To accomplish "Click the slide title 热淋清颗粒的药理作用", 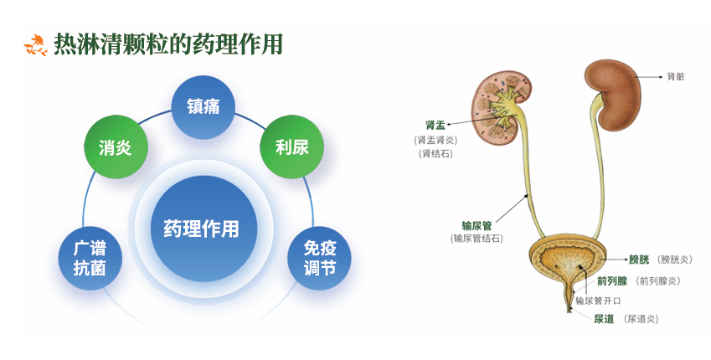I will [x=167, y=44].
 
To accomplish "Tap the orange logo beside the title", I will [x=35, y=45].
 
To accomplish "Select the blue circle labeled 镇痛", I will [x=203, y=107].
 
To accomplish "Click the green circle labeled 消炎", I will [x=115, y=147].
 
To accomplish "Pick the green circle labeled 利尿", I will [x=292, y=147].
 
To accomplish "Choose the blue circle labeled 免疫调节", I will [x=319, y=258].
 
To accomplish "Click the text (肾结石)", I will [x=435, y=153].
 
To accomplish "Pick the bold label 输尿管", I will [x=477, y=225].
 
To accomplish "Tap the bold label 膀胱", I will [x=639, y=260].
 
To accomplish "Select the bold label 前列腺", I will [x=614, y=281].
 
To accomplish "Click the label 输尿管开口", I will [x=597, y=299].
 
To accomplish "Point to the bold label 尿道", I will [x=604, y=319].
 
